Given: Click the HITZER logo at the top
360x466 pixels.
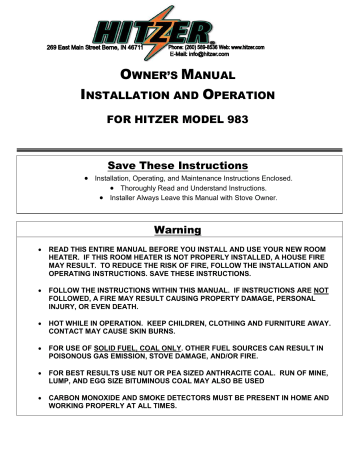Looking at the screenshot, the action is (x=181, y=22).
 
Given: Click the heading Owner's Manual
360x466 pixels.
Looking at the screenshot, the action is (x=179, y=77).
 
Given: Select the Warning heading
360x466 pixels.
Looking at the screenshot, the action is (x=179, y=230).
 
